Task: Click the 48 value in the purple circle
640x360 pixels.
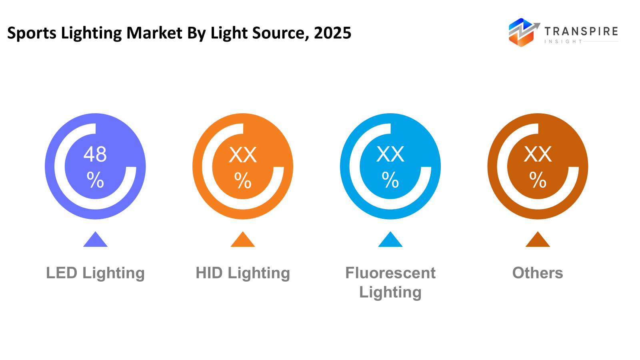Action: pyautogui.click(x=95, y=154)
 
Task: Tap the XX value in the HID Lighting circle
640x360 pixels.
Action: pyautogui.click(x=243, y=155)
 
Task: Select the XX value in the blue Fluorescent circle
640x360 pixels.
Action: pyautogui.click(x=390, y=154)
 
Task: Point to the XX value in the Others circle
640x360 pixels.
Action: pyautogui.click(x=538, y=154)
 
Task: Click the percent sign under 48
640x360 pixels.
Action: pyautogui.click(x=95, y=180)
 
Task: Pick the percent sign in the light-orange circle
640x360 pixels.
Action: pyautogui.click(x=243, y=180)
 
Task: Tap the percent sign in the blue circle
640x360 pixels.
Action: pyautogui.click(x=390, y=180)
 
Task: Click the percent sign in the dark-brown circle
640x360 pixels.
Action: pyautogui.click(x=538, y=180)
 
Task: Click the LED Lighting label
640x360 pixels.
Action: pyautogui.click(x=95, y=273)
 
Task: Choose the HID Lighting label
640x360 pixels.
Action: pyautogui.click(x=243, y=273)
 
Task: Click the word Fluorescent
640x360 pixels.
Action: pyautogui.click(x=390, y=273)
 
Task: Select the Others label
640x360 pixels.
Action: pyautogui.click(x=538, y=273)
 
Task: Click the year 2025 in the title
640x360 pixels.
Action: pyautogui.click(x=332, y=33)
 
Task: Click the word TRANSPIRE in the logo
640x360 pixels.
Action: pyautogui.click(x=581, y=31)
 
